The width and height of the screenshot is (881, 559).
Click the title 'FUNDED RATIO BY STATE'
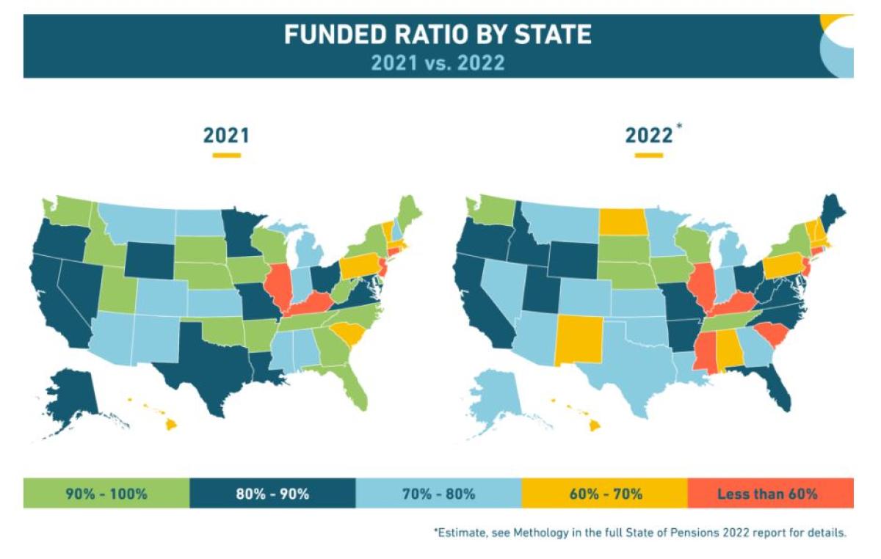pos(438,34)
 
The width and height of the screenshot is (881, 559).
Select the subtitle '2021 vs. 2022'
pos(438,62)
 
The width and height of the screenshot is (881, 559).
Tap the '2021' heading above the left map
pos(226,136)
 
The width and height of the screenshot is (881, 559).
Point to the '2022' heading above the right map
pos(648,136)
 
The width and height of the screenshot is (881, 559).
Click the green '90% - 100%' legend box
pos(106,493)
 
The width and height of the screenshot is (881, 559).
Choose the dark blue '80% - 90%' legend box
pos(272,493)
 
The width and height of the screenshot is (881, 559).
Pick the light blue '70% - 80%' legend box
pos(438,493)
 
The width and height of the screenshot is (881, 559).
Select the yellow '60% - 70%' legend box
pos(604,493)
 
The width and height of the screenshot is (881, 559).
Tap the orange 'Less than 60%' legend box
pos(770,493)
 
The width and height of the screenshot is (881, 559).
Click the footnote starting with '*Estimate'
pos(639,533)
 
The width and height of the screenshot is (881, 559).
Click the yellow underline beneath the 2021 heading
pos(226,156)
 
